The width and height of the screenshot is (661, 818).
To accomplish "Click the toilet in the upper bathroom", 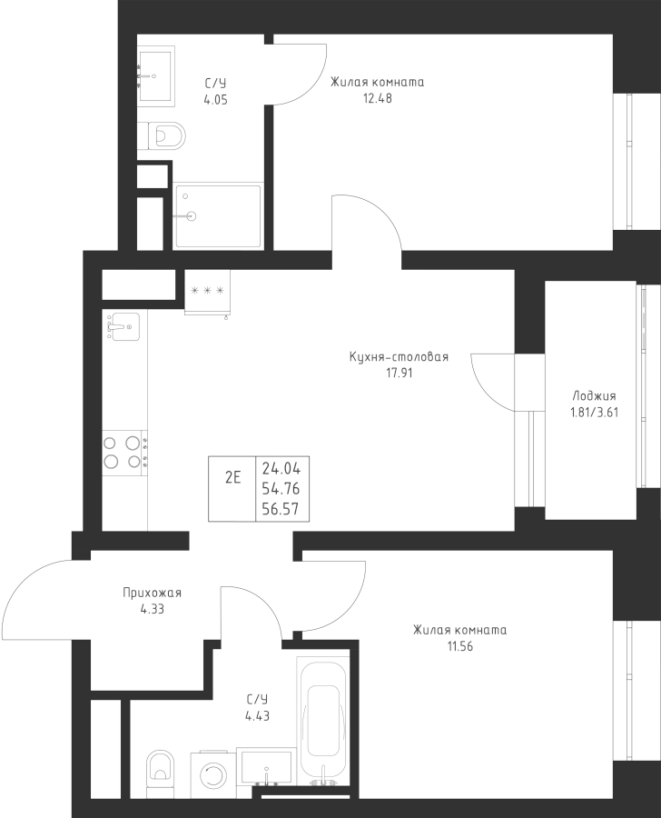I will (x=163, y=136).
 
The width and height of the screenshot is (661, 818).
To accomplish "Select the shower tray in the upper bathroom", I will (x=218, y=216).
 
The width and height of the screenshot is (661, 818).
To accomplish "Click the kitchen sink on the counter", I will (x=123, y=325).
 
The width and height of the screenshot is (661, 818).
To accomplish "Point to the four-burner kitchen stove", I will (x=123, y=452).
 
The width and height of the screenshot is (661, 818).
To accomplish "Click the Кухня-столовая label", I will (x=399, y=357).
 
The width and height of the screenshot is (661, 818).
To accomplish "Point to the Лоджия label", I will (x=594, y=395).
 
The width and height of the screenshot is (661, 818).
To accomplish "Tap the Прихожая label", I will (x=153, y=594).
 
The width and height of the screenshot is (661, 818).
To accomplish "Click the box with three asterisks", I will (x=207, y=291).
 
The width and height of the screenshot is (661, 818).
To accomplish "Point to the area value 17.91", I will (x=399, y=373).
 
